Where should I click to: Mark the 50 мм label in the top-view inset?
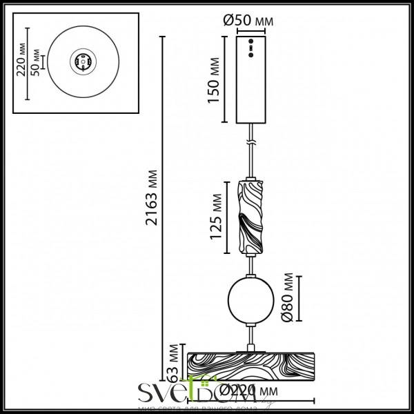click(35, 62)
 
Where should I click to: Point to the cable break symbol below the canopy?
click(251, 144)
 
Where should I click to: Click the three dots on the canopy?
click(250, 48)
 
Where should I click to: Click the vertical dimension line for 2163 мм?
click(163, 207)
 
